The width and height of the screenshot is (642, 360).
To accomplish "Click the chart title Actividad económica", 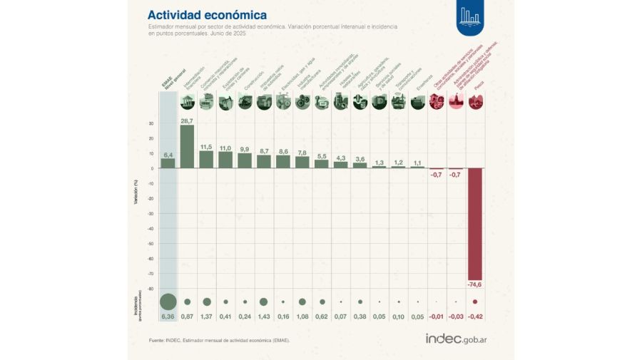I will point(207,14).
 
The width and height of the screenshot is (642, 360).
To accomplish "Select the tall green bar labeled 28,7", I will point(187,146).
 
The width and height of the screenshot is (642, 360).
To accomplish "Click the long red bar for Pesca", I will point(474,224).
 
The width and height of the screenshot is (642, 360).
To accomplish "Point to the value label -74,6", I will point(474,284).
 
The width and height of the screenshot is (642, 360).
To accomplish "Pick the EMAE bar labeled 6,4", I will point(168,163).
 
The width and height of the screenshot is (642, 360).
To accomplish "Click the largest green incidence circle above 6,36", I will point(168,302).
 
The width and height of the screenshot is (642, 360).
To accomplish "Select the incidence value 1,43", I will point(263,316).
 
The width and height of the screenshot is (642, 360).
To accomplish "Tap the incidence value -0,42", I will point(474,316).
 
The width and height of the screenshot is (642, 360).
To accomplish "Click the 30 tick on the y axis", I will point(151,123).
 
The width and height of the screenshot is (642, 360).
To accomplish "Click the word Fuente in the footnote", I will point(157,341).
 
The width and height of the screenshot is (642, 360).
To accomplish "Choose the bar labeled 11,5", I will point(206,159).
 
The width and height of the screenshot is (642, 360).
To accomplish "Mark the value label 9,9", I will point(245,149).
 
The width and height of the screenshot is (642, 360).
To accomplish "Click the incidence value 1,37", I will point(206,316).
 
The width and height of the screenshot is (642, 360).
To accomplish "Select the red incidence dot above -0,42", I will point(474,302).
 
